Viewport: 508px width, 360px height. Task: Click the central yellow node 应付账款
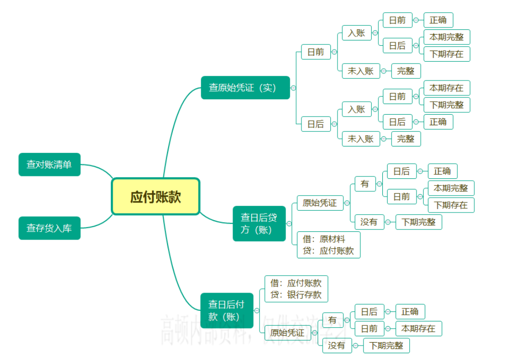click(156, 197)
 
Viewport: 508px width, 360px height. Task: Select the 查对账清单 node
click(49, 164)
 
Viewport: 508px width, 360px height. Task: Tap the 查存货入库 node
click(49, 228)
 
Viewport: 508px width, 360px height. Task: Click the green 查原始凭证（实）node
click(245, 88)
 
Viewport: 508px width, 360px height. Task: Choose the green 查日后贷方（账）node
click(259, 224)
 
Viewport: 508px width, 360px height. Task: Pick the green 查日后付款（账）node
click(227, 310)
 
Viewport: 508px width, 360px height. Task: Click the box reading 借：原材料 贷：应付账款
click(328, 244)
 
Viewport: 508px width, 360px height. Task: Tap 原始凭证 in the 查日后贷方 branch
click(320, 202)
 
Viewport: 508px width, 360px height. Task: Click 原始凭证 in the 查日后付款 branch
click(287, 333)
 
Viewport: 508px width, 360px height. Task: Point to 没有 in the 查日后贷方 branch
click(369, 222)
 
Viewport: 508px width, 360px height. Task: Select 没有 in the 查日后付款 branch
click(337, 346)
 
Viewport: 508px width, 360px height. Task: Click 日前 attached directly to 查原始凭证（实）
click(316, 52)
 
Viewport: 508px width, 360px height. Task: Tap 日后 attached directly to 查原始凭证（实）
click(316, 124)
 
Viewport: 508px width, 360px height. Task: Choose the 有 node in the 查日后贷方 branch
click(365, 184)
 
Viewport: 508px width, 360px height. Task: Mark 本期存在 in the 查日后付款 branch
click(418, 329)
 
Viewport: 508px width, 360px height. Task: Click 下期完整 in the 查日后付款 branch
click(386, 346)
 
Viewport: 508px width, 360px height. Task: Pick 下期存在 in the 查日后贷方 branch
click(451, 205)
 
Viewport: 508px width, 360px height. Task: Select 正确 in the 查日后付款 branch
click(410, 311)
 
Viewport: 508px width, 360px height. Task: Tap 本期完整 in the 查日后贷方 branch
click(451, 188)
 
